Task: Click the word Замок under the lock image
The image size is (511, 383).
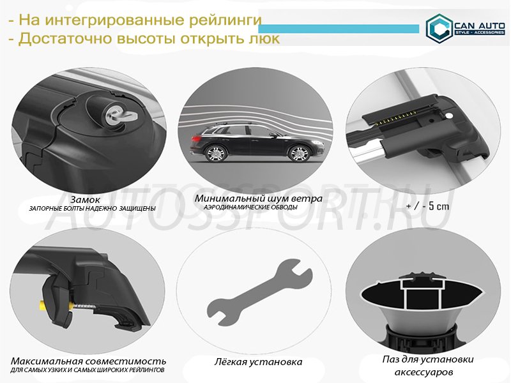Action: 85,199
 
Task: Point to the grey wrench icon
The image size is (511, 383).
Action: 259,292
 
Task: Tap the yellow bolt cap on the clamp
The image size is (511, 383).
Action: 42,306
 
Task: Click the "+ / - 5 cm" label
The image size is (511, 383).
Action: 428,206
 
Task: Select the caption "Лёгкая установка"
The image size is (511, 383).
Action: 258,362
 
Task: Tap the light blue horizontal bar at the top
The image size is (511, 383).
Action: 339,29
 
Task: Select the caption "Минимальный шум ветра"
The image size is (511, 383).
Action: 259,199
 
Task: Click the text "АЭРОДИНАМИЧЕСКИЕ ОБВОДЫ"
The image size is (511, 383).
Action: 250,207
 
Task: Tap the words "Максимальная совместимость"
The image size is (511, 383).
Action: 88,361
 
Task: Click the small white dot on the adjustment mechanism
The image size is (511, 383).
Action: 449,116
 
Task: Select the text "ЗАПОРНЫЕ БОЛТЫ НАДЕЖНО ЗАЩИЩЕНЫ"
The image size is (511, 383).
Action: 92,209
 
